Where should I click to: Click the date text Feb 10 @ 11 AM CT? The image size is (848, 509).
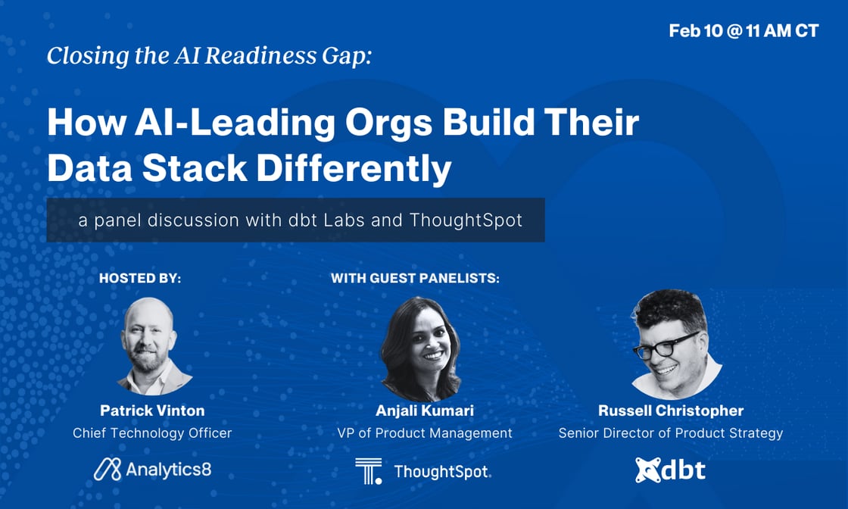pos(744,32)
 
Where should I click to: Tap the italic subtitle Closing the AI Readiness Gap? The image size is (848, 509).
pos(209,56)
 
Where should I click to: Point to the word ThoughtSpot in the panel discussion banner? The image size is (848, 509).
pos(466,220)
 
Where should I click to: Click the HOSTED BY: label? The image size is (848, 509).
pos(140,279)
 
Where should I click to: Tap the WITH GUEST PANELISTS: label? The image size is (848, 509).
pos(416,279)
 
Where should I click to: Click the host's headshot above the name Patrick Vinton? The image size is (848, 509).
pos(153,345)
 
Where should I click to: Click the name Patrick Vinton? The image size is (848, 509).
pos(152,411)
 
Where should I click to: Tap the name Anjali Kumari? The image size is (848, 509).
pos(424,411)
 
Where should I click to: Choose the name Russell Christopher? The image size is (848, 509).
pos(671,411)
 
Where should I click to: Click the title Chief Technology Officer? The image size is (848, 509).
pos(152,433)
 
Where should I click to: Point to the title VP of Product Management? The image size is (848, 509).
pos(424,433)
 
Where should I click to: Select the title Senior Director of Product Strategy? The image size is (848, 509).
pos(671,433)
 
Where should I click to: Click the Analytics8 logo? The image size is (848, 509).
pos(152,470)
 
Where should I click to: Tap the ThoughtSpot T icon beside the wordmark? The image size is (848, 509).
pos(369,470)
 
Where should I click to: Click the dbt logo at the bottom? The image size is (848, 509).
pos(670,470)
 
